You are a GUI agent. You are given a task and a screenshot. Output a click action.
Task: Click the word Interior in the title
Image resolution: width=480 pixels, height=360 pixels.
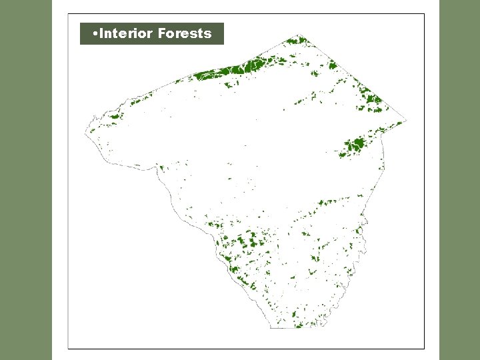point(126,33)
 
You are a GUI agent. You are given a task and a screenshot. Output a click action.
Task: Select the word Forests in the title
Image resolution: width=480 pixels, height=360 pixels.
point(185,33)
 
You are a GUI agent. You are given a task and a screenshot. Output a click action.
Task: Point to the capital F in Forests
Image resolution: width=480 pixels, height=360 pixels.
point(162,33)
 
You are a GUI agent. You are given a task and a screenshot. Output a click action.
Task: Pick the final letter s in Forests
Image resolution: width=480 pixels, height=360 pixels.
point(208,33)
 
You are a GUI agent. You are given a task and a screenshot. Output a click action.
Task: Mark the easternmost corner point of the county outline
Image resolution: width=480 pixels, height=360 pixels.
point(406,121)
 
